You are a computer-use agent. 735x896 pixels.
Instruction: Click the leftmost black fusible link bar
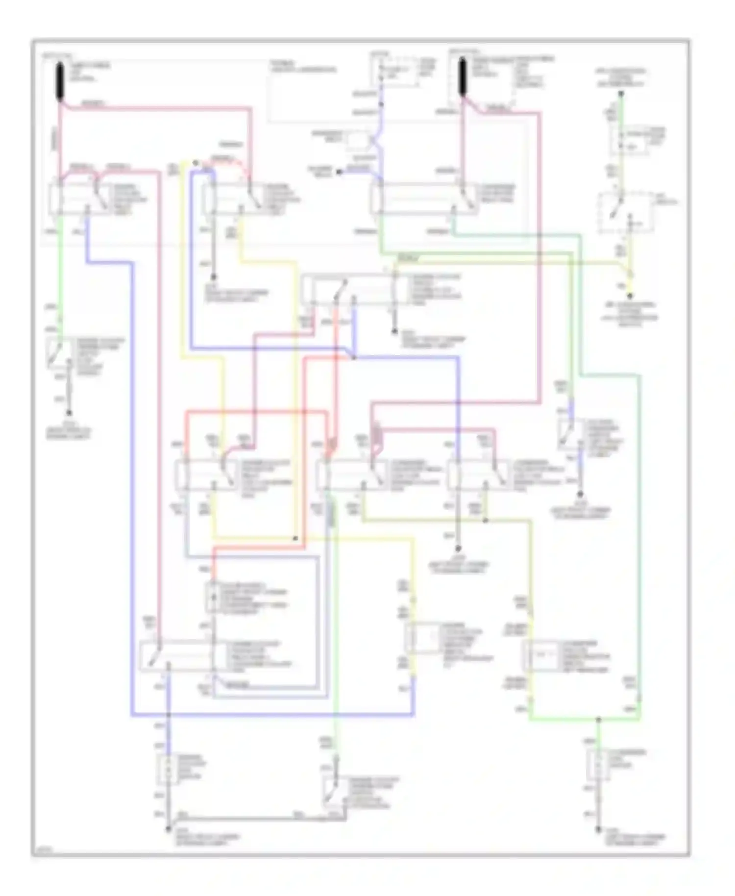pyautogui.click(x=60, y=81)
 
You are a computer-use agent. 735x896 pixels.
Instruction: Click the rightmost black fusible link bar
pyautogui.click(x=462, y=76)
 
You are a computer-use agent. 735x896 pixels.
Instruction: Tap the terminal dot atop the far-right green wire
pyautogui.click(x=620, y=93)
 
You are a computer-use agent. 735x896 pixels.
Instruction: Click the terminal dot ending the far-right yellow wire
pyautogui.click(x=630, y=296)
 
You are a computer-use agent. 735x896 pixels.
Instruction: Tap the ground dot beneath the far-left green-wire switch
pyautogui.click(x=69, y=413)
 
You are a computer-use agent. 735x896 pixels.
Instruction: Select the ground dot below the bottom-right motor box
pyautogui.click(x=598, y=830)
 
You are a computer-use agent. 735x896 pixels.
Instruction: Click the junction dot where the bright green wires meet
pyautogui.click(x=598, y=720)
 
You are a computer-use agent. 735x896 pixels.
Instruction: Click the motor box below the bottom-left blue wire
pyautogui.click(x=168, y=769)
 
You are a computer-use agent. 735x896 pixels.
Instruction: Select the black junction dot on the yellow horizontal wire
pyautogui.click(x=295, y=538)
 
